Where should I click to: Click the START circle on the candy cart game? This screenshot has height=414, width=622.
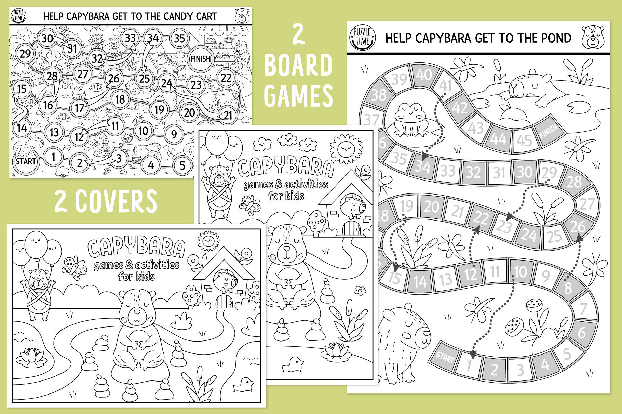(26, 161)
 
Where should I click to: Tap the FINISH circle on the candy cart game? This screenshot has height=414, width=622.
(201, 59)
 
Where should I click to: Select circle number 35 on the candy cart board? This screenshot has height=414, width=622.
(179, 38)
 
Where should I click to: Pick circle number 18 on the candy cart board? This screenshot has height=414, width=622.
(120, 99)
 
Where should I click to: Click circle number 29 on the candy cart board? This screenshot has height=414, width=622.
(25, 54)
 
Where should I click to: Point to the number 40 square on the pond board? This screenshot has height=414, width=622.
(424, 75)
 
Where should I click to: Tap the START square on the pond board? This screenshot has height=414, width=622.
(445, 357)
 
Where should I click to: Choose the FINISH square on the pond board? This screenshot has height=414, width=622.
(549, 131)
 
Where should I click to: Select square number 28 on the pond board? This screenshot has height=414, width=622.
(575, 182)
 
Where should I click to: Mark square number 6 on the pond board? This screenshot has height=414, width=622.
(581, 332)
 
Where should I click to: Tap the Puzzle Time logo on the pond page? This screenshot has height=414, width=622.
(362, 37)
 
